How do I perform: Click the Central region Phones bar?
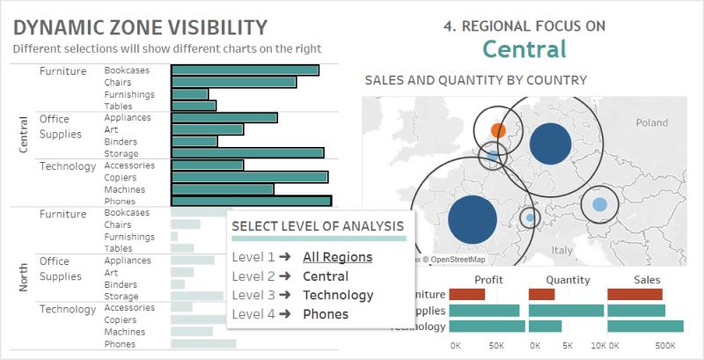(x=250, y=201)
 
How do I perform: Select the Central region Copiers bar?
(x=248, y=177)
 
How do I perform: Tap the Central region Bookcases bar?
(x=244, y=70)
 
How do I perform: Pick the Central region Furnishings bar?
(x=189, y=94)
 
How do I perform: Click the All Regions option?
(x=337, y=257)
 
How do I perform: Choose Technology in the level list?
(x=338, y=295)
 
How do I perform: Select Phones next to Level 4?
(x=325, y=314)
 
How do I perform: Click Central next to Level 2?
(x=325, y=276)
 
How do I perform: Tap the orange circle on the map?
(x=497, y=131)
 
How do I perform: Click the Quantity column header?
(x=568, y=279)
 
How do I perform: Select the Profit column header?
(x=488, y=279)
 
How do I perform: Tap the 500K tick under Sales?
(x=665, y=346)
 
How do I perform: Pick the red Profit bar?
(x=466, y=294)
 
